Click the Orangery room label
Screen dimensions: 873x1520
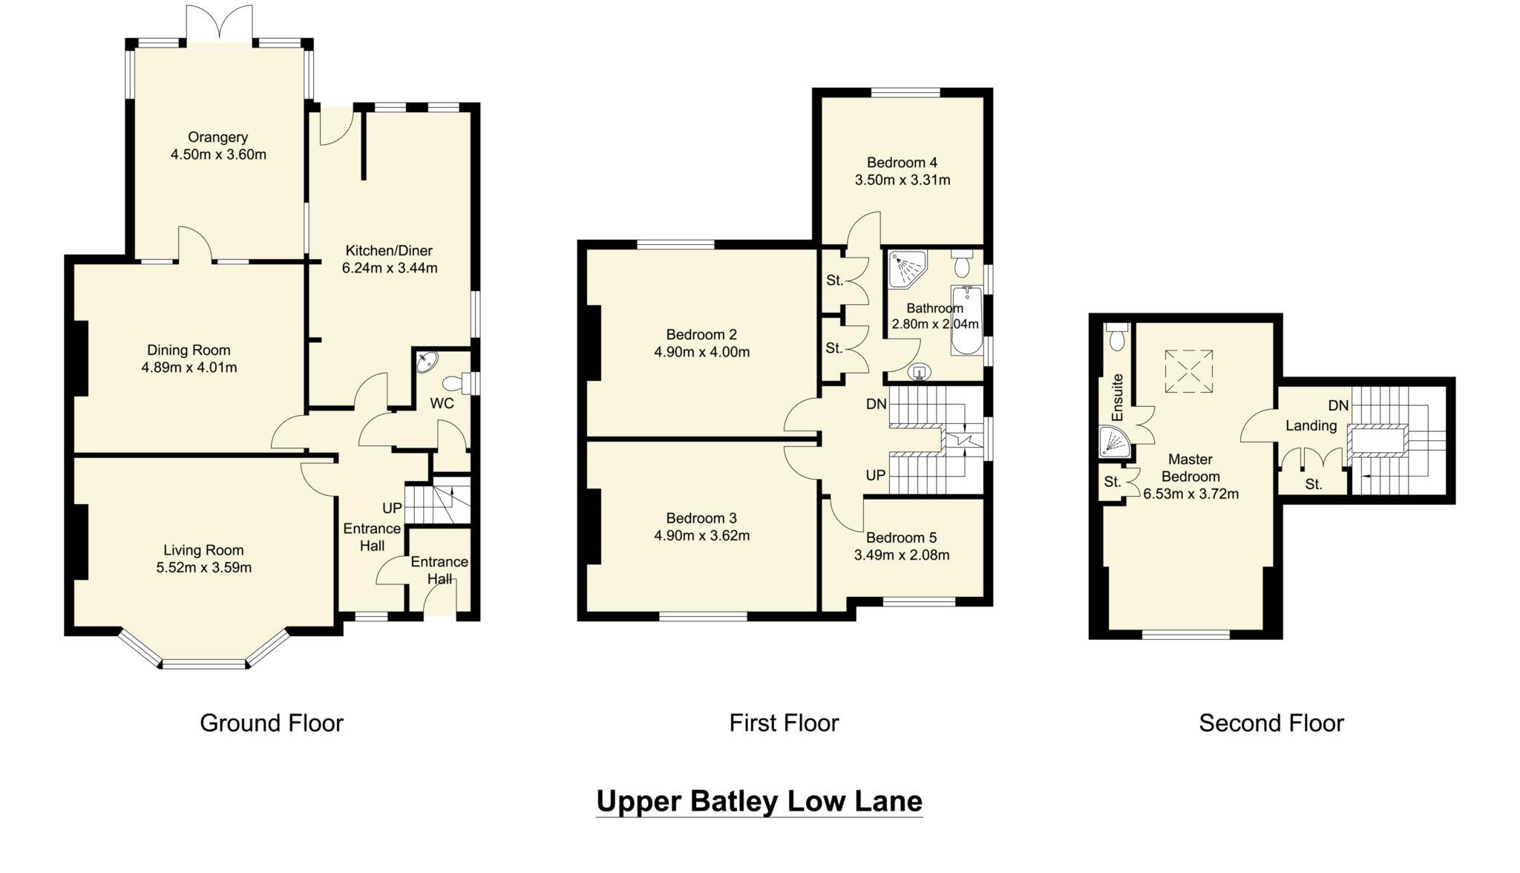point(217,137)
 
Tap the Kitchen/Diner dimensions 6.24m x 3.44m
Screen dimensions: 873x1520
point(390,268)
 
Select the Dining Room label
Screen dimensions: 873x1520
point(189,350)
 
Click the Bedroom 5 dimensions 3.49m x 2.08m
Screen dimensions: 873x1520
point(902,555)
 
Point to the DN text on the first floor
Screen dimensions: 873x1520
point(877,404)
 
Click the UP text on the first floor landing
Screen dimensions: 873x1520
point(876,474)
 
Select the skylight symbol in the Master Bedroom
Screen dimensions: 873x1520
point(1188,371)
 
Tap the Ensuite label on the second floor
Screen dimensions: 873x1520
point(1118,397)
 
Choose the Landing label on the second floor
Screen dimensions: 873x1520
point(1311,425)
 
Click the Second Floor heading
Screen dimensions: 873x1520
point(1271,722)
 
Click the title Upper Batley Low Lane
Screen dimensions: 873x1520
point(759,801)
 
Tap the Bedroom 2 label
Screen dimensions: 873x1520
point(701,334)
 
